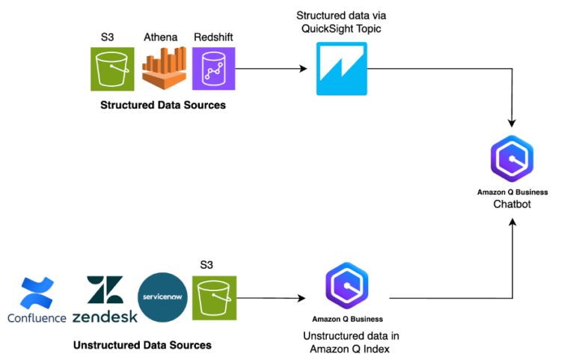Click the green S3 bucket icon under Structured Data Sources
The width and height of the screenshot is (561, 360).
[111, 69]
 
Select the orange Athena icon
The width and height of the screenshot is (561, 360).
[162, 69]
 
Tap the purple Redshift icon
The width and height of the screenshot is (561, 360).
[214, 69]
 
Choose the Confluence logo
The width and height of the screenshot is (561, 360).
[37, 300]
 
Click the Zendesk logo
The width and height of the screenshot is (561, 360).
[105, 300]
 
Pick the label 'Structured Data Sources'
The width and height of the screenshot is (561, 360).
[163, 106]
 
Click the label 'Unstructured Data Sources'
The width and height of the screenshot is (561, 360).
[142, 345]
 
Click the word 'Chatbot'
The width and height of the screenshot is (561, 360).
[512, 204]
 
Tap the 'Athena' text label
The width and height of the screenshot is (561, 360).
[162, 37]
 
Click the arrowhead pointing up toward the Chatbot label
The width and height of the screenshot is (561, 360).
[512, 222]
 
